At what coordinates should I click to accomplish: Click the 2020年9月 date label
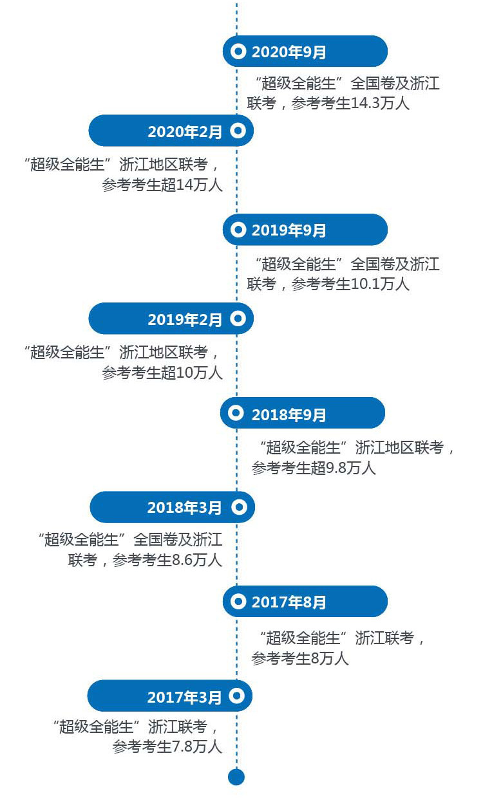[289, 52]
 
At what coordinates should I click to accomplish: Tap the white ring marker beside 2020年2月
[238, 131]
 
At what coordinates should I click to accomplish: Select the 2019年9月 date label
[289, 230]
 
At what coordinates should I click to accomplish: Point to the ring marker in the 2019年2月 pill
[238, 319]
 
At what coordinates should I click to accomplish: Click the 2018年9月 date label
[289, 415]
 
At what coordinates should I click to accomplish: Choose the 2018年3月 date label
[184, 508]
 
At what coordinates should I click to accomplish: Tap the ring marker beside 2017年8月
[238, 602]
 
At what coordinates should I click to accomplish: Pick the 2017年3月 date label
[184, 697]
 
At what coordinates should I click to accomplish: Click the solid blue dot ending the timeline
[236, 777]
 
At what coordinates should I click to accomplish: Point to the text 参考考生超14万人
[162, 185]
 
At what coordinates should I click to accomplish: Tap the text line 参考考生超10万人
[162, 372]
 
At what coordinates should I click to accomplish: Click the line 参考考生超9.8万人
[314, 468]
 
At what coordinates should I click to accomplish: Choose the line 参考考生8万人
[300, 658]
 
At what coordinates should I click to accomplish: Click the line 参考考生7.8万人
[167, 746]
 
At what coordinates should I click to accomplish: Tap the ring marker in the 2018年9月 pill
[236, 413]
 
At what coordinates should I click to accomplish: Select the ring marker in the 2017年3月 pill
[236, 696]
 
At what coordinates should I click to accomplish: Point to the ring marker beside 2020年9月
[238, 51]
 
